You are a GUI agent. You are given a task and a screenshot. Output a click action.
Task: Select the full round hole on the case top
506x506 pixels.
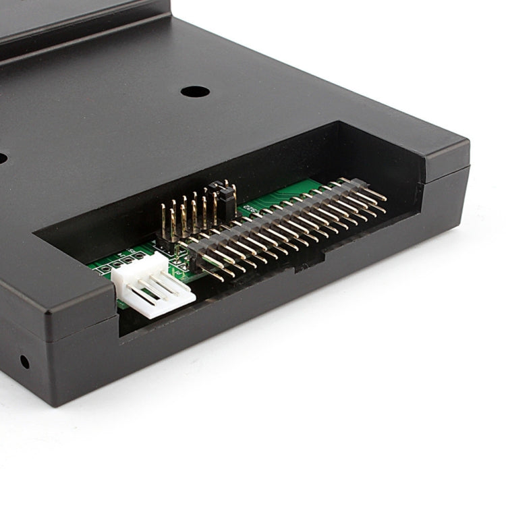[194, 91]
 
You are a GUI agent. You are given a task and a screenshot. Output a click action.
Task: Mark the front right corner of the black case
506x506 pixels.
[468, 169]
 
